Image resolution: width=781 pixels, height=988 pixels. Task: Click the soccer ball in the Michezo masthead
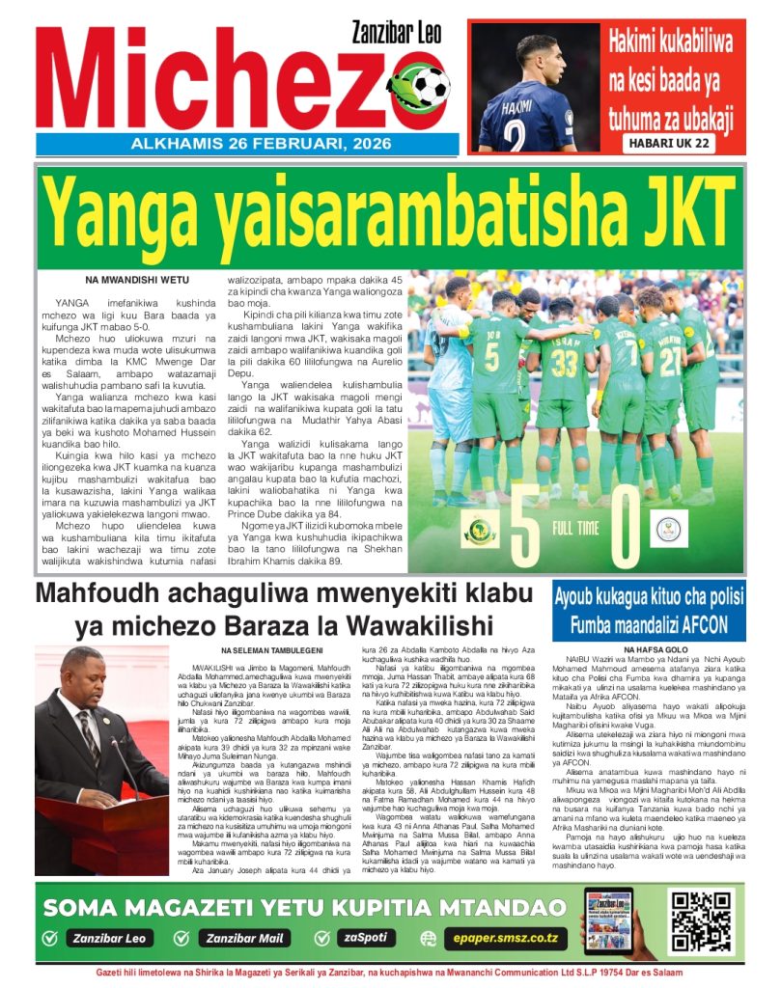coord(431,87)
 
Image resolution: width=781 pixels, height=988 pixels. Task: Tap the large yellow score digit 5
coord(524,530)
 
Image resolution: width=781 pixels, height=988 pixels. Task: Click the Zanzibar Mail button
coord(247,938)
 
